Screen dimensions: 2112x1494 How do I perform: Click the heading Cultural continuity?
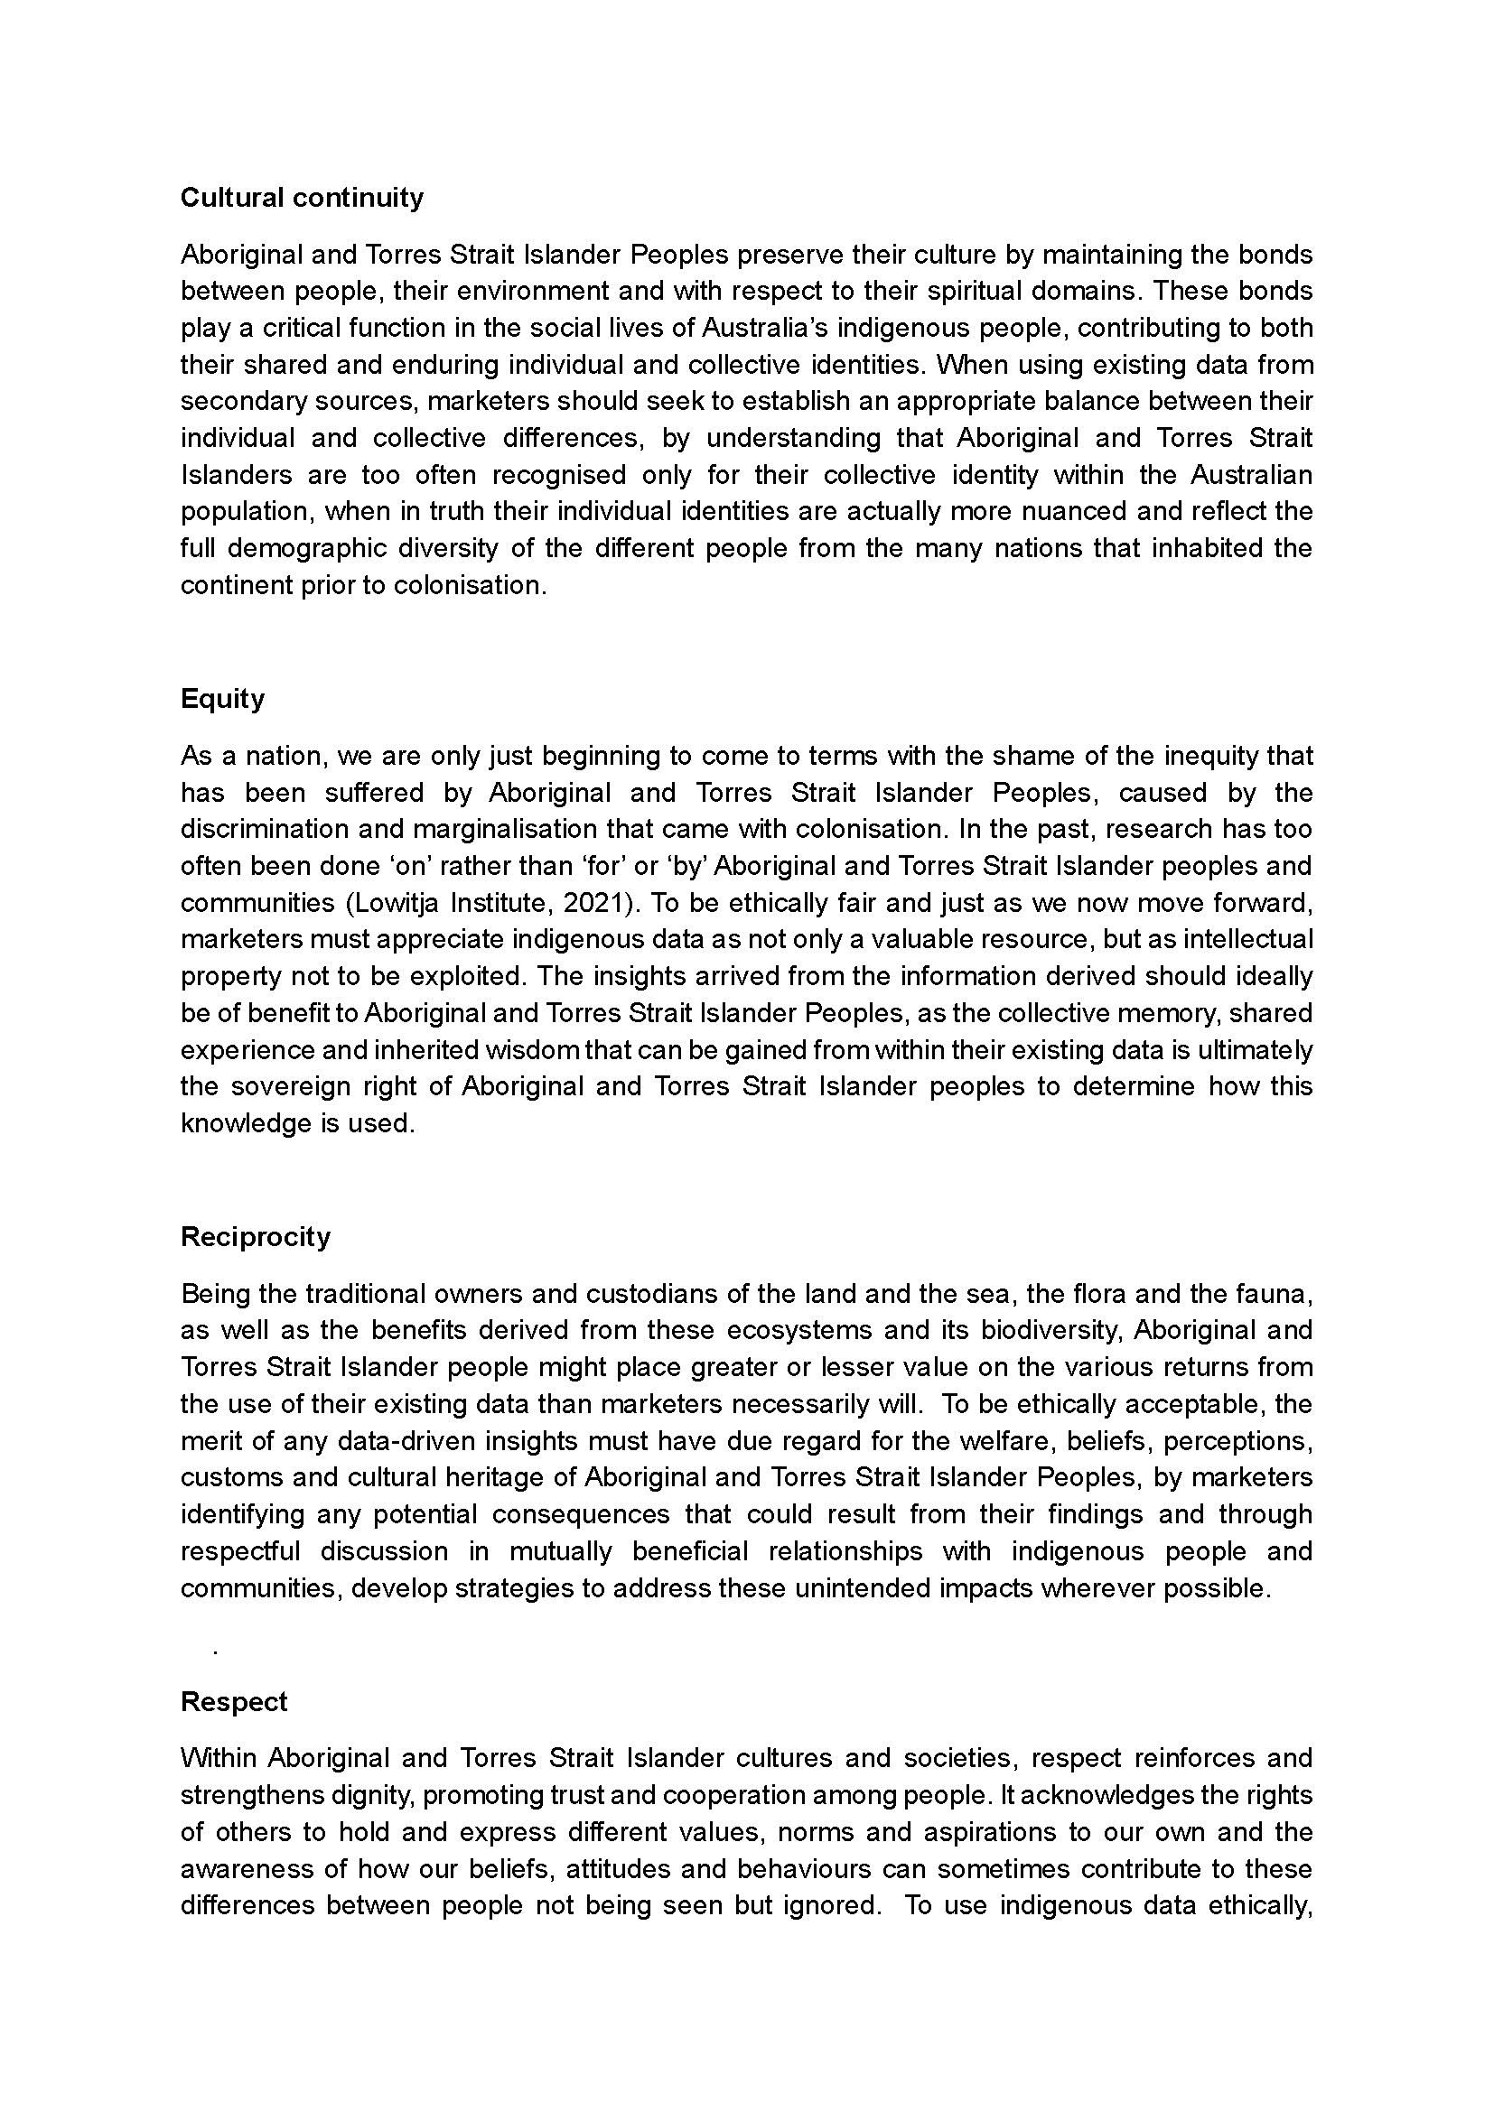tap(302, 198)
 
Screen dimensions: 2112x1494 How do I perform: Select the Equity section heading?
tap(222, 699)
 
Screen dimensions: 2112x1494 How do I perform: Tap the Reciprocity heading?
tap(256, 1237)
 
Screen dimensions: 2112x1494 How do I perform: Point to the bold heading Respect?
tap(234, 1702)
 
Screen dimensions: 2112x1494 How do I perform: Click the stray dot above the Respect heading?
tap(214, 1654)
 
